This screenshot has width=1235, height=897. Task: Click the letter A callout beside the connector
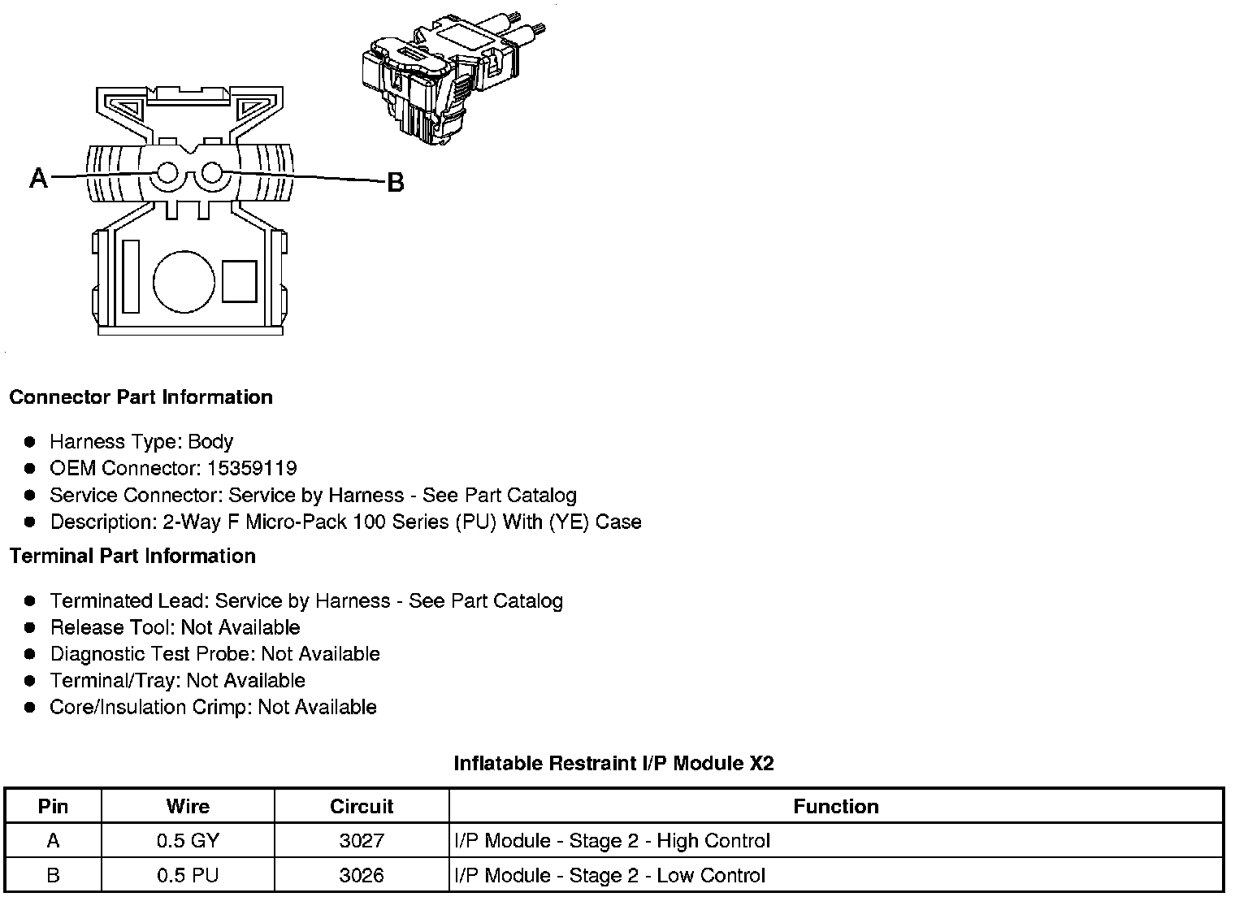38,177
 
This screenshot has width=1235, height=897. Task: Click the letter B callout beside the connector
395,183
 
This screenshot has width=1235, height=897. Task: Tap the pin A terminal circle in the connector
168,173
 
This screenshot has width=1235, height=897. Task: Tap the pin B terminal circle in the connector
212,172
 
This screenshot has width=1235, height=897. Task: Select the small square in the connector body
239,281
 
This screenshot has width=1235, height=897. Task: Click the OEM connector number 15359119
252,469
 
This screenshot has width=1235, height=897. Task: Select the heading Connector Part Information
141,397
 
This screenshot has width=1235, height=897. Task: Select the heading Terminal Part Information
132,557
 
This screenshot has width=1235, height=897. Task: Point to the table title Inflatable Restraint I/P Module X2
613,764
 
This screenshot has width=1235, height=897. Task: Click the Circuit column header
362,807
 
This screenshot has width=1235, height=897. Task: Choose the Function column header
836,807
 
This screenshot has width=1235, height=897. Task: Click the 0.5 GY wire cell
188,841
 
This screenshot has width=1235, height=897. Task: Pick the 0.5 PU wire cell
188,876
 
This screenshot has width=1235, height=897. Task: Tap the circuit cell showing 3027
362,841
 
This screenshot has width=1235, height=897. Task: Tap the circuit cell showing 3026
362,876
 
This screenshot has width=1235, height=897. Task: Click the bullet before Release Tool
30,628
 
